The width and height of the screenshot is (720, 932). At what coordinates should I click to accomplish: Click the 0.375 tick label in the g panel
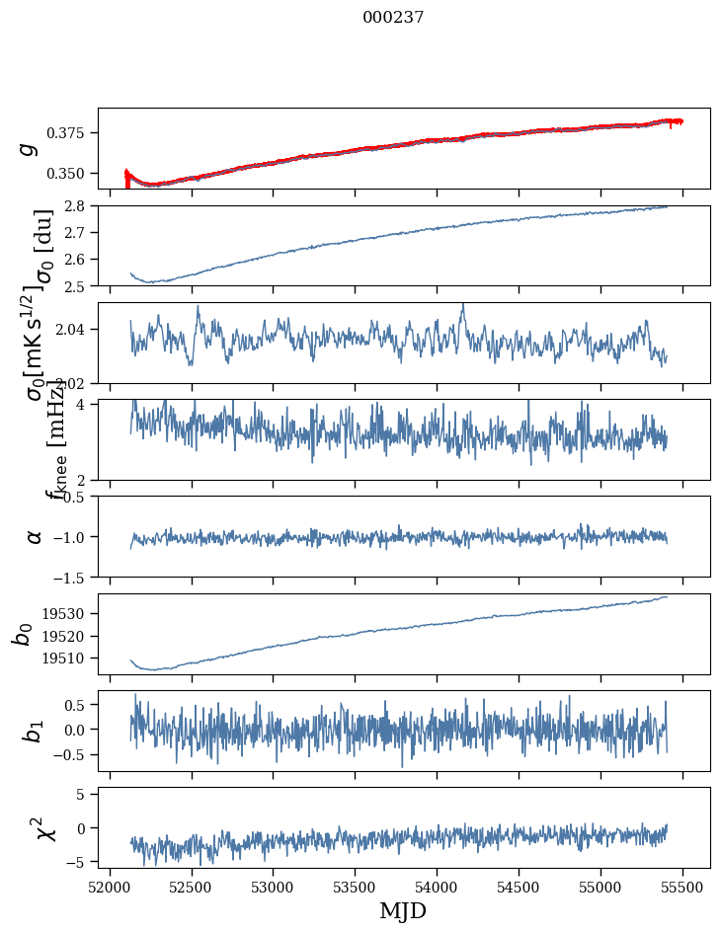click(x=71, y=133)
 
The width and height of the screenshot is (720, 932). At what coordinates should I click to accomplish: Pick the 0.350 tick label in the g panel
click(x=71, y=174)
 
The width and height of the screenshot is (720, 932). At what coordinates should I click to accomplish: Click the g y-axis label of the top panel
click(x=31, y=148)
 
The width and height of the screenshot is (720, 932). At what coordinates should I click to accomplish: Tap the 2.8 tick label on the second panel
click(x=79, y=206)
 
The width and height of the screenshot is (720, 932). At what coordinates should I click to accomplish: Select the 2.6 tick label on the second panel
click(x=79, y=260)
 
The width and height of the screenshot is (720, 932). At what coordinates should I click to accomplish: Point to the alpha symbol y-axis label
click(x=34, y=536)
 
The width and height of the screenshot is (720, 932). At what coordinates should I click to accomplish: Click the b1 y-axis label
click(x=34, y=732)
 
